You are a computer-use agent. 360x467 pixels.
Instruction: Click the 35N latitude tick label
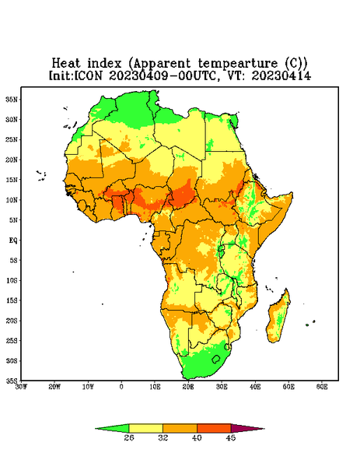(x=12, y=99)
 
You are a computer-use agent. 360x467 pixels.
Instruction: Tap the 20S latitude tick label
(x=12, y=321)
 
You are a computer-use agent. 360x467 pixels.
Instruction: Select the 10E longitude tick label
(x=155, y=387)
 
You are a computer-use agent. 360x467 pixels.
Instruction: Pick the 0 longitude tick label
(x=121, y=387)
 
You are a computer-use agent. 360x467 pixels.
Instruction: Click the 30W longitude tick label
(x=21, y=387)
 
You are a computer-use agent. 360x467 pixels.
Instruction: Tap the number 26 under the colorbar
(x=129, y=437)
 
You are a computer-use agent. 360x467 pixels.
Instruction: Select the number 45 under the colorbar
(x=231, y=437)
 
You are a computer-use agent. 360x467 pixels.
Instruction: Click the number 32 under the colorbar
(x=163, y=437)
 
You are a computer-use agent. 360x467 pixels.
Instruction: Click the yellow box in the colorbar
(x=145, y=428)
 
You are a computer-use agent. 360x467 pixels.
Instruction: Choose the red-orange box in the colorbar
(x=214, y=428)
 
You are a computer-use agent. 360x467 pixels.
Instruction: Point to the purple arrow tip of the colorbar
(x=264, y=429)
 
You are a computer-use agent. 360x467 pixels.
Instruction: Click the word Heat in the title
(x=66, y=63)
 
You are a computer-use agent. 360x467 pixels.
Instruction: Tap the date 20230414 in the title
(x=281, y=75)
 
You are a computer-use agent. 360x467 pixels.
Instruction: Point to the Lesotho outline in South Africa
(x=216, y=359)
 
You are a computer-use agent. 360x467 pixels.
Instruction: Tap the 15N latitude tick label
(x=12, y=180)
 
